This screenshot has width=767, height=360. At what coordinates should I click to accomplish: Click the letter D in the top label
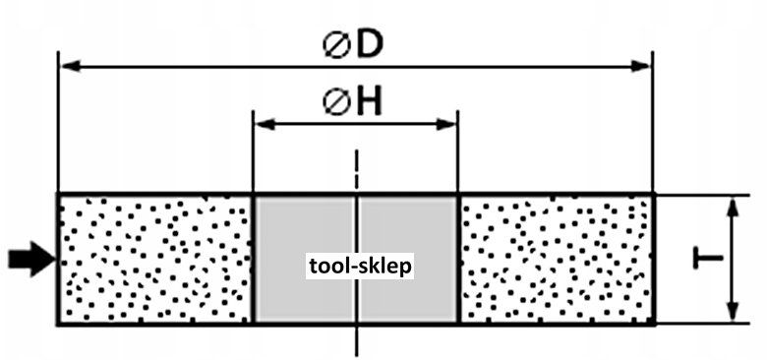tap(369, 45)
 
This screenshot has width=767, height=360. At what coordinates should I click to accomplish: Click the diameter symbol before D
tap(336, 46)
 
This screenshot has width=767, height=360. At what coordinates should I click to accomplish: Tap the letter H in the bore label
tap(369, 103)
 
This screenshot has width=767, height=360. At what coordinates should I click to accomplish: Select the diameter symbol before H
tap(336, 103)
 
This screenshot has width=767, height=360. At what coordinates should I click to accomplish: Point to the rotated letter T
tap(708, 259)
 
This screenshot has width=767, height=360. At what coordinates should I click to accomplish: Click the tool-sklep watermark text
tap(360, 267)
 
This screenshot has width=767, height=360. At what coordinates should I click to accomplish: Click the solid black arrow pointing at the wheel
tap(32, 259)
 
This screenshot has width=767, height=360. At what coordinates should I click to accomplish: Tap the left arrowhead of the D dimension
tap(72, 66)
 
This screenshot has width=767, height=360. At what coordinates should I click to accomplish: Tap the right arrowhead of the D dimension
tap(641, 66)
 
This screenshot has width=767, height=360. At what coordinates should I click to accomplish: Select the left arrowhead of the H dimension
tap(265, 124)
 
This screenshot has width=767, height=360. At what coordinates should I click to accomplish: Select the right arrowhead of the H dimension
tap(445, 124)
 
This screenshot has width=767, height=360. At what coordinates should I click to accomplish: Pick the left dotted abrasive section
tap(155, 259)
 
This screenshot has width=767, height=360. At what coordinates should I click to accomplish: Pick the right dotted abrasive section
tap(557, 259)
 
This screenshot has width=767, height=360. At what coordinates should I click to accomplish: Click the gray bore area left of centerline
tap(306, 259)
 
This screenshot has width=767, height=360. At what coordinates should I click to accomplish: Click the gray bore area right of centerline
tap(407, 259)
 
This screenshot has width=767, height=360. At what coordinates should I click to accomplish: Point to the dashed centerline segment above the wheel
tap(358, 170)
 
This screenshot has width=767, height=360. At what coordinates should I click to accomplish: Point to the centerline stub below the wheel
tap(358, 341)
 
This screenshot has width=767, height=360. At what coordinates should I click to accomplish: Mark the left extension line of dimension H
tap(253, 151)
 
